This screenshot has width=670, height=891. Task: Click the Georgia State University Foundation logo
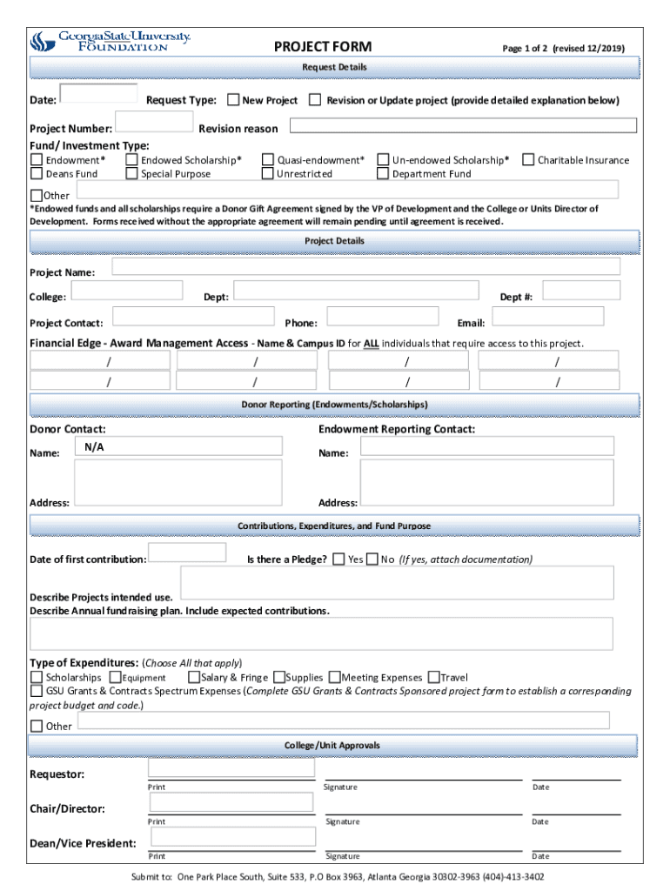click(x=110, y=41)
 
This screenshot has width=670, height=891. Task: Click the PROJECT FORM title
click(x=322, y=47)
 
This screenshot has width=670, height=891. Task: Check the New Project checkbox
click(x=234, y=100)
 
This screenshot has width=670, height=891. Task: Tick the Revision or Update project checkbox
click(x=315, y=100)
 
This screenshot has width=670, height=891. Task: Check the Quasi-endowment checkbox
click(x=268, y=160)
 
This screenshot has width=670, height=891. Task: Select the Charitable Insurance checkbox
click(x=527, y=160)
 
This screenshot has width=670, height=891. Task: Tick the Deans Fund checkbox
click(x=37, y=173)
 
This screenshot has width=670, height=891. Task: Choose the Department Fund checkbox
click(x=383, y=173)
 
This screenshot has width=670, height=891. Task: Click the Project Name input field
click(x=365, y=267)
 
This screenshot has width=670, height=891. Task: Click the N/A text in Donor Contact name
click(x=95, y=446)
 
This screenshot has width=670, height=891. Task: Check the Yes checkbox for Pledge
click(x=339, y=559)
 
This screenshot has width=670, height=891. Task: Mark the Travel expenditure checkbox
click(x=433, y=677)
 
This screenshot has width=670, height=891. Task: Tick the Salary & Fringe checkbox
click(x=193, y=677)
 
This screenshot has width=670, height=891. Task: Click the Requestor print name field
click(x=231, y=767)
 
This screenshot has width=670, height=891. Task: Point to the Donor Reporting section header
click(x=335, y=405)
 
